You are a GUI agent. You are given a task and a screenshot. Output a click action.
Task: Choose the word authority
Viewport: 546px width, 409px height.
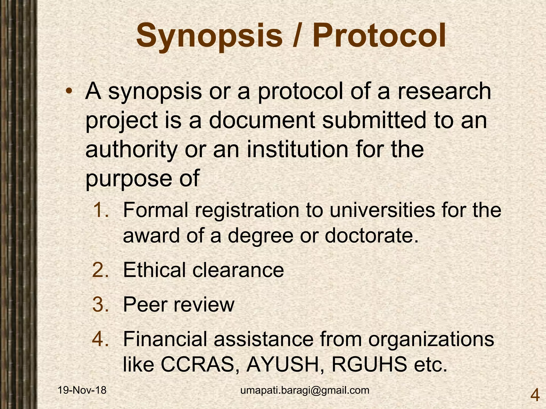coord(131,150)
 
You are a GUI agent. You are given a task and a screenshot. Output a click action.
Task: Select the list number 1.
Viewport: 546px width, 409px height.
coord(101,210)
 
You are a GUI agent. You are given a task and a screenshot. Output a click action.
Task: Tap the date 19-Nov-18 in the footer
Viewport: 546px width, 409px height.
coord(82,390)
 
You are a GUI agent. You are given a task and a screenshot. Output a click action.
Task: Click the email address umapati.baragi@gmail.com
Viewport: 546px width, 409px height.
coord(305,390)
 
